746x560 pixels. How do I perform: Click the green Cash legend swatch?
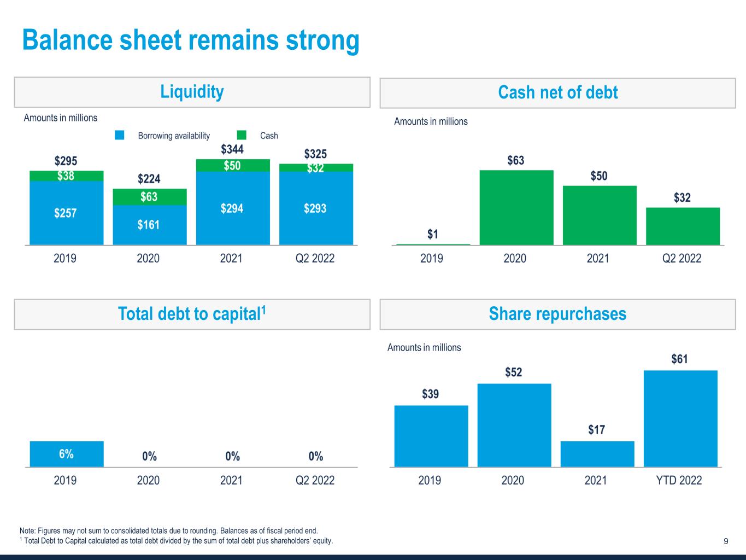click(x=242, y=135)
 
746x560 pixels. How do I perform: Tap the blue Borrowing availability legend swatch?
click(x=120, y=135)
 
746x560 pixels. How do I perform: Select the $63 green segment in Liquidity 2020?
click(x=149, y=197)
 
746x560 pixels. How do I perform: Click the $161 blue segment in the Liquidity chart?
click(x=149, y=225)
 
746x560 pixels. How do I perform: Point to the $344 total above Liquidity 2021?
click(x=232, y=149)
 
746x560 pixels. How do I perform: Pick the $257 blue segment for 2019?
click(x=66, y=213)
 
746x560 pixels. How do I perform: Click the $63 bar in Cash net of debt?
click(x=516, y=207)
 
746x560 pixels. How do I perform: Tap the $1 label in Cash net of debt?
click(x=432, y=235)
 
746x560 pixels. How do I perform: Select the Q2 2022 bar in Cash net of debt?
click(x=683, y=226)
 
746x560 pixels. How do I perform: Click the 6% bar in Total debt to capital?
click(x=66, y=454)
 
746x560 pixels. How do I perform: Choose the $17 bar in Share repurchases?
click(x=597, y=454)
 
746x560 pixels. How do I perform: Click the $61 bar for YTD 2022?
click(x=680, y=418)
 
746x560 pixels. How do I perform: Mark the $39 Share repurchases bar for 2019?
click(x=431, y=436)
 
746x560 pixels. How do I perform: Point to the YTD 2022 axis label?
click(x=679, y=480)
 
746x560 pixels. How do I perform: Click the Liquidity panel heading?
click(x=192, y=92)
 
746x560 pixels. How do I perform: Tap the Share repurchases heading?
click(x=557, y=314)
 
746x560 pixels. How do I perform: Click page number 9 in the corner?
click(x=726, y=541)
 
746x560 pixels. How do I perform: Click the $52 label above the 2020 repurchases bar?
click(x=514, y=372)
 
